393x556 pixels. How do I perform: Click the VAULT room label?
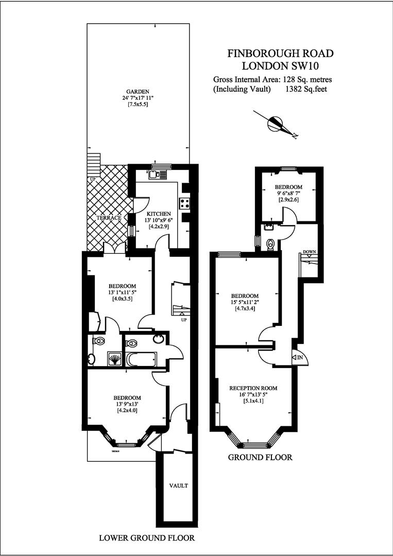click(178, 485)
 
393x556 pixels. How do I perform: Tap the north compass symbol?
click(276, 124)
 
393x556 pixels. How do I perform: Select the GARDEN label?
click(138, 91)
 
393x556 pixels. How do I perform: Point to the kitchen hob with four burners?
click(184, 203)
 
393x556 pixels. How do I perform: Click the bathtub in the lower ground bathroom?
click(142, 360)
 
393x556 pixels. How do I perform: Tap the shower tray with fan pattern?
click(114, 359)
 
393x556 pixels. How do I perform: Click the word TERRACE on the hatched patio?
click(109, 218)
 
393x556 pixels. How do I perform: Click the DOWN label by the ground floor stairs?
click(309, 252)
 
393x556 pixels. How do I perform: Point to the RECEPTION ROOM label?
click(253, 388)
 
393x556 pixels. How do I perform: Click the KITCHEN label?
click(159, 214)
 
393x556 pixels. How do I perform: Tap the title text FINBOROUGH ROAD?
click(280, 54)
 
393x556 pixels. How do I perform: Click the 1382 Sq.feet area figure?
click(306, 89)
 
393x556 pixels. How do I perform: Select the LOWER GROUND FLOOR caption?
click(147, 538)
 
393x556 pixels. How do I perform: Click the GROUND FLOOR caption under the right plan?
click(260, 458)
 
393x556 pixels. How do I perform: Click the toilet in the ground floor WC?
click(270, 245)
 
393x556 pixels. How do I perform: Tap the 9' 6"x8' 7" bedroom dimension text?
click(289, 194)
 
